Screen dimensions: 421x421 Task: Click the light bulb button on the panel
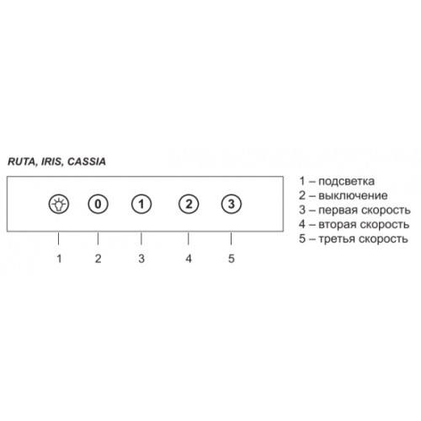click(x=58, y=204)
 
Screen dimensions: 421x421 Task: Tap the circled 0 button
click(x=98, y=204)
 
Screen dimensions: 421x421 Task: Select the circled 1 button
click(x=141, y=204)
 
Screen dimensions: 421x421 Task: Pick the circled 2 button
click(x=189, y=204)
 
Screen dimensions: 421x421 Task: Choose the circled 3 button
click(x=232, y=204)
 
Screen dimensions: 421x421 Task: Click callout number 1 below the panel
click(x=59, y=258)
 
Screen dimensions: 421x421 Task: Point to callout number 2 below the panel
click(x=98, y=258)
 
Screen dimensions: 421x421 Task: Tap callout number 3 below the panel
click(x=141, y=258)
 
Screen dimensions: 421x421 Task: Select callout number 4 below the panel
click(x=189, y=258)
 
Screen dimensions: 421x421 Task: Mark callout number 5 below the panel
click(x=232, y=258)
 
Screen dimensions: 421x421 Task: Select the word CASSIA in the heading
click(x=87, y=162)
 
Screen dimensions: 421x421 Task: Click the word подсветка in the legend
click(x=346, y=182)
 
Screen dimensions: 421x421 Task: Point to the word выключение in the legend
click(x=353, y=195)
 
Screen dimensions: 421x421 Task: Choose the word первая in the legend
click(x=338, y=210)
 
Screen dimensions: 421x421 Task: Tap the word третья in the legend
click(x=337, y=239)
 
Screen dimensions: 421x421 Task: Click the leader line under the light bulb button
click(x=58, y=238)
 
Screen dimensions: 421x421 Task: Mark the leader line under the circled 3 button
click(x=231, y=238)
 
